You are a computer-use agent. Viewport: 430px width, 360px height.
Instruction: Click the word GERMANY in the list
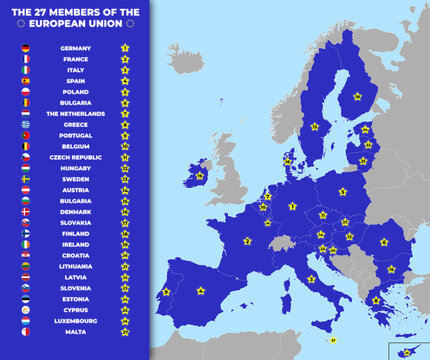(x=75, y=48)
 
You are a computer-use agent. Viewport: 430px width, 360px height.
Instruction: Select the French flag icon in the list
(x=26, y=59)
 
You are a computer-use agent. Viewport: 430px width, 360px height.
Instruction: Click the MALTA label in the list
(x=75, y=331)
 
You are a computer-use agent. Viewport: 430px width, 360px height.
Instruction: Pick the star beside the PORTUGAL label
(x=125, y=135)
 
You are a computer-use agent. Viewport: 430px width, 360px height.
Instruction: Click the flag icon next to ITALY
(x=26, y=70)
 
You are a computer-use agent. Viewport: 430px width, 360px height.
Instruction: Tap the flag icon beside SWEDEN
(x=26, y=178)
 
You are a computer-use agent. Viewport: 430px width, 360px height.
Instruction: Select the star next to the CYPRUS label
(x=125, y=309)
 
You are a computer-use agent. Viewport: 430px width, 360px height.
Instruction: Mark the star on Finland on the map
(x=357, y=97)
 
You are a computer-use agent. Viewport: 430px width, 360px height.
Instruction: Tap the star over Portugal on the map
(x=166, y=292)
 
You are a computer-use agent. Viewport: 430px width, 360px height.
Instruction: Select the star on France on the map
(x=247, y=241)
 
